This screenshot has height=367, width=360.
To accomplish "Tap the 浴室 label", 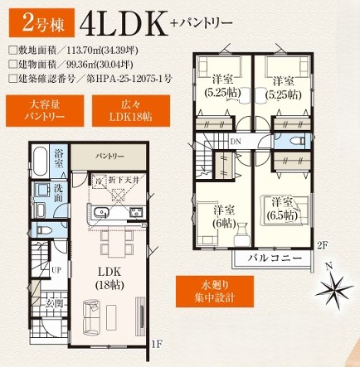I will tap(60, 157).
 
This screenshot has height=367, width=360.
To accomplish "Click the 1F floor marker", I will tap(156, 342).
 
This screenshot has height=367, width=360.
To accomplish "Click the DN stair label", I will tap(236, 141).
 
